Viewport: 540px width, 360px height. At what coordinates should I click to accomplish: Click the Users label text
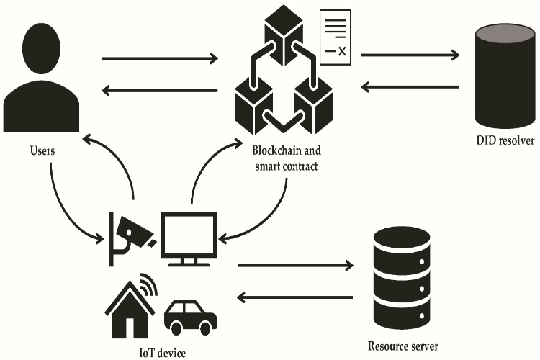point(42,150)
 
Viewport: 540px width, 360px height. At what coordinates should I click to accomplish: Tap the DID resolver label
point(505,140)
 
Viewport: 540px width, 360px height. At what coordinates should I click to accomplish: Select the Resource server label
point(403,346)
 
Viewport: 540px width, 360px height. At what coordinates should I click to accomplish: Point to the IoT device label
point(163,353)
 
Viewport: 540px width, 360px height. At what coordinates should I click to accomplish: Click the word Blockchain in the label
point(273,150)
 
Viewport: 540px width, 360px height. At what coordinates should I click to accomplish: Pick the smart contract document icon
point(336,37)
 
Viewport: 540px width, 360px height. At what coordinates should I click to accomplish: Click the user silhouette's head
point(41,48)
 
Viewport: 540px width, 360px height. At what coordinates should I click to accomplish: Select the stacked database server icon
point(402,278)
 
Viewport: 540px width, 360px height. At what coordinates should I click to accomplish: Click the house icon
point(130,310)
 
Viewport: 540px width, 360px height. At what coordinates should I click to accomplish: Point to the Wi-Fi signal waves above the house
point(149,284)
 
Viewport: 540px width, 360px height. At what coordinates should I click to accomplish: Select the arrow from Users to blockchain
point(160,58)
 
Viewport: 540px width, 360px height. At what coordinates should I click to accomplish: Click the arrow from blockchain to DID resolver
point(410,55)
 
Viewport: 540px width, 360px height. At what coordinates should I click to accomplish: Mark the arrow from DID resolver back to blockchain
point(410,87)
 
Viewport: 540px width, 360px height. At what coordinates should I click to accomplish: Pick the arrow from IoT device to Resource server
point(295,265)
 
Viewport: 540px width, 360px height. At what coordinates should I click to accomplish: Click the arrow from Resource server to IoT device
point(295,297)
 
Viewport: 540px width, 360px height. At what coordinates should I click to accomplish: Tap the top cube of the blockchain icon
point(284,35)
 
